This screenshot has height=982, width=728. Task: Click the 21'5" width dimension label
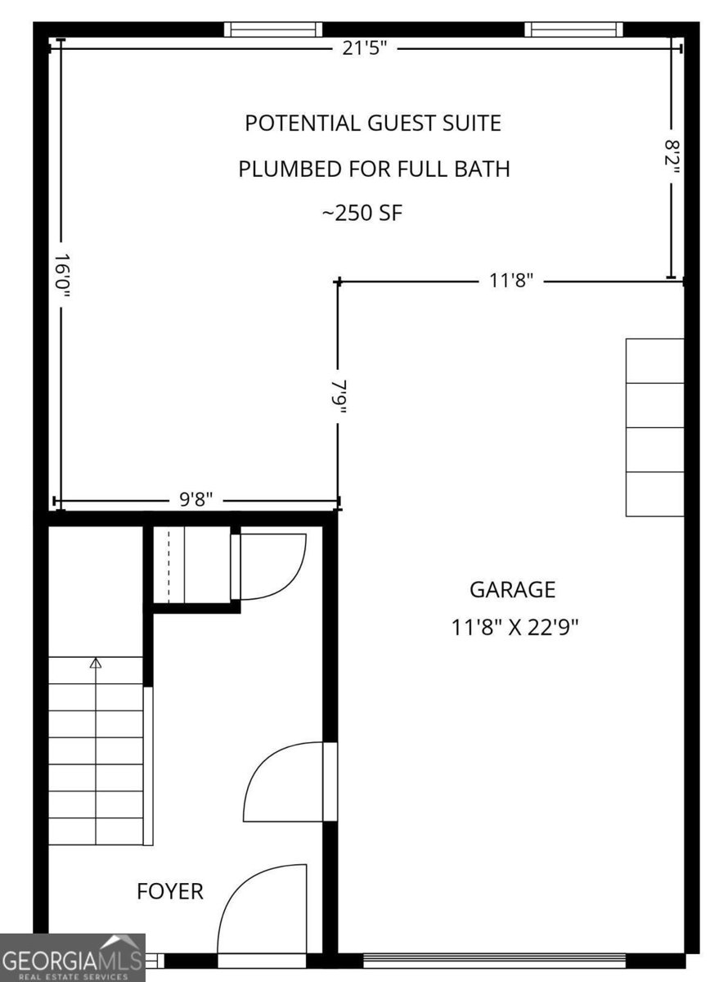[x=364, y=49]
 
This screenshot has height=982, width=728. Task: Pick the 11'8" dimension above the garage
[x=511, y=281]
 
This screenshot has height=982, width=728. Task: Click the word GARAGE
[x=512, y=589]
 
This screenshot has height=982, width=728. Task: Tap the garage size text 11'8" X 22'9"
[x=515, y=628]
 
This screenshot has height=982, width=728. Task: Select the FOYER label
[x=170, y=890]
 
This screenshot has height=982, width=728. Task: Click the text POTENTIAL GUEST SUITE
[x=373, y=124]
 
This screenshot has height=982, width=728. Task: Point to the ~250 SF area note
[x=362, y=214]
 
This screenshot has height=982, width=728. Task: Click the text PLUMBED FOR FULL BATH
[x=374, y=169]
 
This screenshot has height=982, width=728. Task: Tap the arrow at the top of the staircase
[x=96, y=663]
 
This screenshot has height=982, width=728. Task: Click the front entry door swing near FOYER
[x=262, y=908]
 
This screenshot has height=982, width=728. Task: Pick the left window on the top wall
[x=273, y=30]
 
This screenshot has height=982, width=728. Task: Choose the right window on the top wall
[x=573, y=30]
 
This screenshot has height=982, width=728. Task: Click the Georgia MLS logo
[x=72, y=957]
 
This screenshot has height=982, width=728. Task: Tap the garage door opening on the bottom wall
[x=494, y=959]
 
